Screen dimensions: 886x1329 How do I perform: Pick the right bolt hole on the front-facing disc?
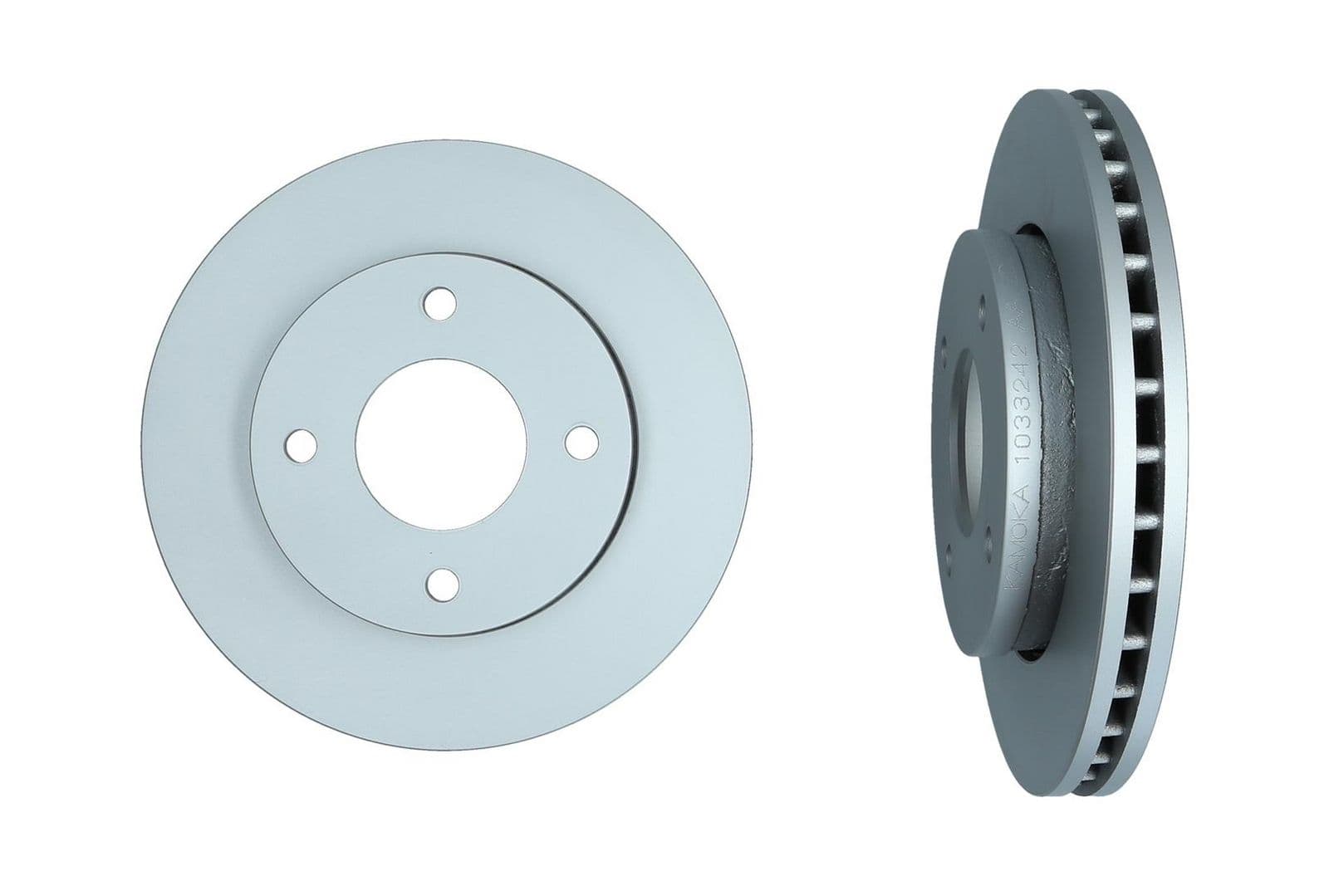click(x=580, y=442)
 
